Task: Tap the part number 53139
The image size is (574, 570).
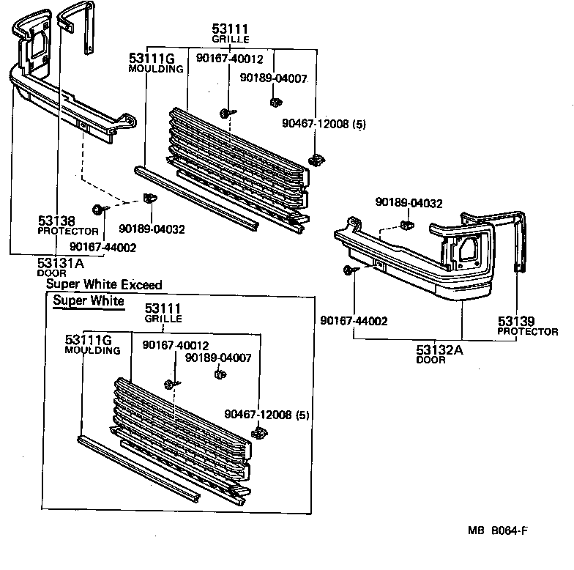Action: coord(516,321)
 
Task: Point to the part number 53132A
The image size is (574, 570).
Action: coord(439,349)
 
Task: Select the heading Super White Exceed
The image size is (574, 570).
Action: coord(104,284)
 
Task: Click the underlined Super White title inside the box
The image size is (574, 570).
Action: coord(88,301)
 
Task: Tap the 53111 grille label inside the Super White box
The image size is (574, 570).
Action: coord(162,309)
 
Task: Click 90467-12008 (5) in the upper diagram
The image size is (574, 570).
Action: coord(324,125)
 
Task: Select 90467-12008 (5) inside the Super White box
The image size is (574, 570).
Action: coord(267,415)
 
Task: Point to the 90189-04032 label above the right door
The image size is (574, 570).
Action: coord(409,203)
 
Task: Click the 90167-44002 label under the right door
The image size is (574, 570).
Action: coord(354,321)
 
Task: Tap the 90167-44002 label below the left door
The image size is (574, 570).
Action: coord(103,248)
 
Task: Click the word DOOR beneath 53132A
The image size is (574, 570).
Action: coord(431,360)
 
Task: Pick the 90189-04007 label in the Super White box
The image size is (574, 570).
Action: coord(218,358)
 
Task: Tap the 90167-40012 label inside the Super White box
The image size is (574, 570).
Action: coord(176,345)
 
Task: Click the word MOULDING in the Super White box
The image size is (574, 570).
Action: coord(92,350)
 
